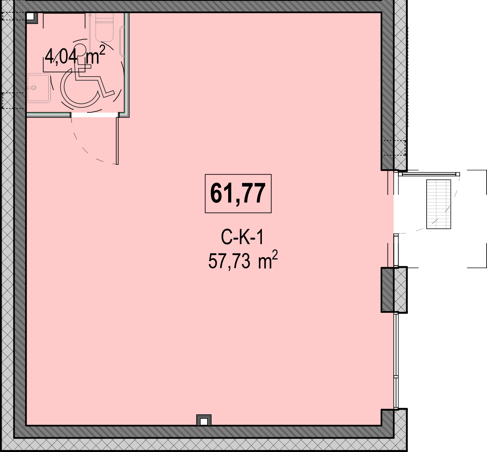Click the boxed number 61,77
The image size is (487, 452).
pyautogui.click(x=238, y=194)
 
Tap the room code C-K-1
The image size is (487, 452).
pyautogui.click(x=242, y=237)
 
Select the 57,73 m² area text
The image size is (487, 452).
pyautogui.click(x=243, y=260)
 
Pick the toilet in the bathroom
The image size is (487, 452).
pyautogui.click(x=104, y=27)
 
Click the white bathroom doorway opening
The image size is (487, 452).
pyautogui.click(x=95, y=115)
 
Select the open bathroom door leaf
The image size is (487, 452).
pyautogui.click(x=117, y=141)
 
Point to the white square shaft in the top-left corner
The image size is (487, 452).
pyautogui.click(x=30, y=16)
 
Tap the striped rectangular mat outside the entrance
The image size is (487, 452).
pyautogui.click(x=438, y=204)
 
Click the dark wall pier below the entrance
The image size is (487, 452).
pyautogui.click(x=388, y=290)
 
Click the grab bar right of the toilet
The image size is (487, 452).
pyautogui.click(x=122, y=42)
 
